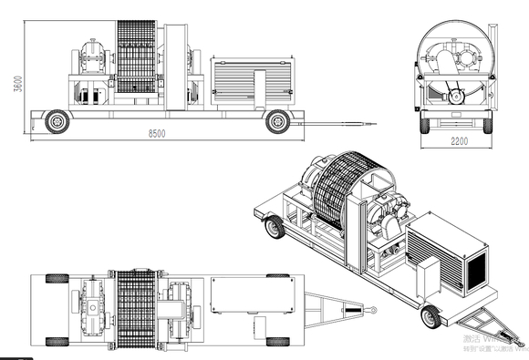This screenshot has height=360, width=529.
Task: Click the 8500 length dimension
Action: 157,133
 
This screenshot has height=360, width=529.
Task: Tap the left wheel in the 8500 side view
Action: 57,119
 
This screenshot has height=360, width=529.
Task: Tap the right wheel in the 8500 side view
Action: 277,120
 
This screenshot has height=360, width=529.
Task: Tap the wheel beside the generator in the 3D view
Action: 431,317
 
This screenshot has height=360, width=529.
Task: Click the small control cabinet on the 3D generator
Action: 427,278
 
